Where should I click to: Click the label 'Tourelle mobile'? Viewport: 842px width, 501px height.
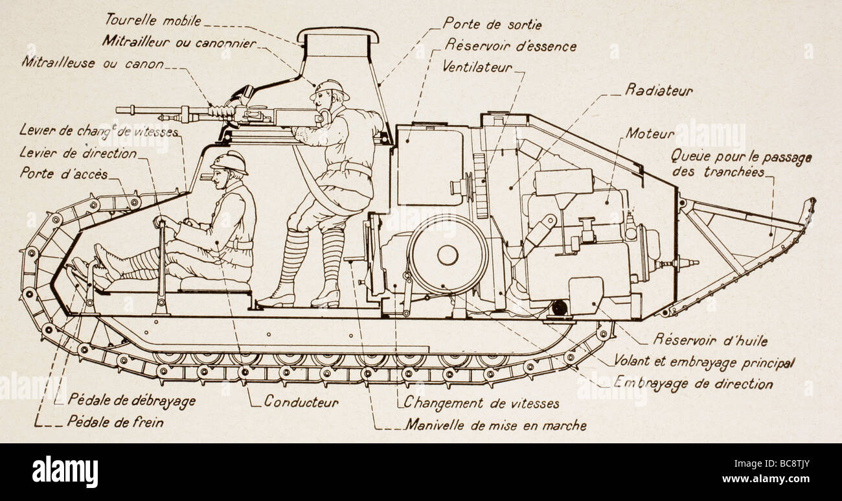(x=153, y=20)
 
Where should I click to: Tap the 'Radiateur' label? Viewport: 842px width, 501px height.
(x=659, y=91)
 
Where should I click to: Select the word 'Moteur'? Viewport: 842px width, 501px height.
(x=650, y=134)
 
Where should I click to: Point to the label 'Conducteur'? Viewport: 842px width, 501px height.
(x=301, y=401)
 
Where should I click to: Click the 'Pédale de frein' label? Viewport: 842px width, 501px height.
(x=115, y=422)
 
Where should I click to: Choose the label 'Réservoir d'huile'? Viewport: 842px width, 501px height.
(x=710, y=340)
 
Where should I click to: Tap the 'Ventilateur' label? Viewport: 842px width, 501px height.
(x=477, y=67)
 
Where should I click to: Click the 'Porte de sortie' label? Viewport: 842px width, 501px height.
(x=492, y=24)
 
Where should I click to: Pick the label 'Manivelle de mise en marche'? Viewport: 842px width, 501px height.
(x=496, y=425)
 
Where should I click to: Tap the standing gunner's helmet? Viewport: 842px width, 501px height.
(x=330, y=90)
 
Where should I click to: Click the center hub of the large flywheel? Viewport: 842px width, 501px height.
(x=448, y=255)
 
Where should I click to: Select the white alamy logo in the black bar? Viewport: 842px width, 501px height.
(x=65, y=471)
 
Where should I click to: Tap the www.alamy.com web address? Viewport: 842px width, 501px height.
(x=766, y=479)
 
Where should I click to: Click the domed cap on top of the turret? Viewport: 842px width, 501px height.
(x=337, y=34)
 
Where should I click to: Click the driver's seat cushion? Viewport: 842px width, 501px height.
(x=216, y=285)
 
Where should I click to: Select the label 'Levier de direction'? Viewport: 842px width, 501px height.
(x=78, y=154)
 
